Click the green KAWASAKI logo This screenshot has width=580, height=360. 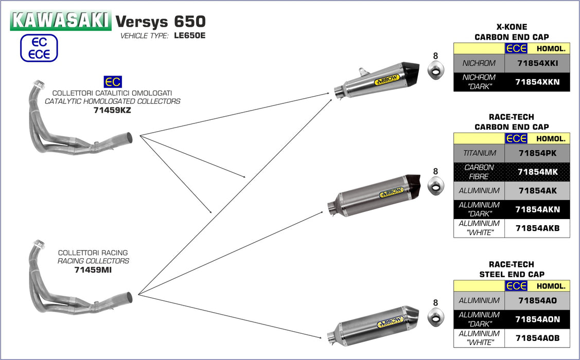61,20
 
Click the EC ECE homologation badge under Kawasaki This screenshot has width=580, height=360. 39,48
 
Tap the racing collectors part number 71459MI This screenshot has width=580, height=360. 93,269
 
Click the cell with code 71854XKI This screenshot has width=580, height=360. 537,63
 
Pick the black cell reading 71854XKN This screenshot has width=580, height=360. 537,82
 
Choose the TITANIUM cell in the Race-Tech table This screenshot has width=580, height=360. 479,153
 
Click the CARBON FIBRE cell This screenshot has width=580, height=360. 479,172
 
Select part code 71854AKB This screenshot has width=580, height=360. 537,228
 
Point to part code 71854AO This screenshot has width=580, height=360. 537,301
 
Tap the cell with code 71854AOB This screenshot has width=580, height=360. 537,338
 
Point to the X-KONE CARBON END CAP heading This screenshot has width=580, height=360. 512,32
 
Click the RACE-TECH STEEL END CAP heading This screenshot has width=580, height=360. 512,269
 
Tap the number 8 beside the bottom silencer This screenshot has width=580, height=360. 435,303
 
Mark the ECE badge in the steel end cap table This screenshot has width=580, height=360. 516,286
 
